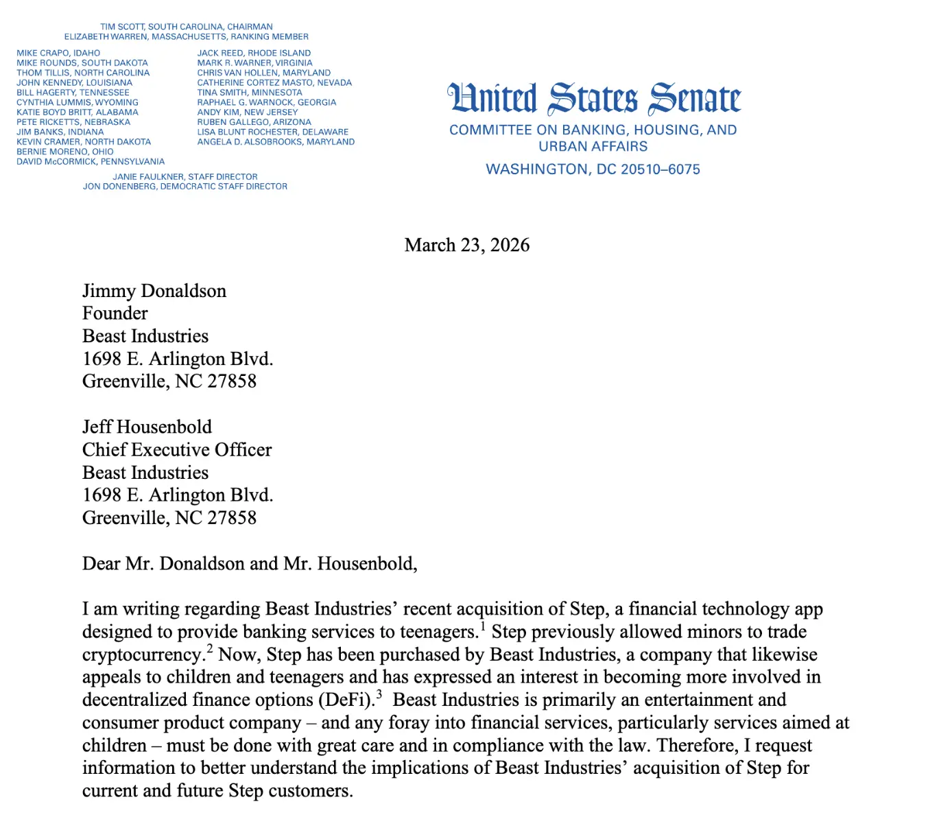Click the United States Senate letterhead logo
(594, 98)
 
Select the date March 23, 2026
(467, 245)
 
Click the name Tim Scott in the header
(123, 27)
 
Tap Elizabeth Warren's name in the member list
(107, 36)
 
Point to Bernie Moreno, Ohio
(65, 152)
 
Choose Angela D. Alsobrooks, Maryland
(276, 142)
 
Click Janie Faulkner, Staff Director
(185, 176)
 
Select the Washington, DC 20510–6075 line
(593, 169)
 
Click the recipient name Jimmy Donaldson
(154, 291)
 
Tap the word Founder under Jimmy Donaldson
(115, 314)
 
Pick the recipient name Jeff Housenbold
(147, 427)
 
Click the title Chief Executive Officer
(177, 450)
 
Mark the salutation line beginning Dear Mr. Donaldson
(250, 564)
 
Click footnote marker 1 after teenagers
(483, 626)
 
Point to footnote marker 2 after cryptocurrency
(210, 648)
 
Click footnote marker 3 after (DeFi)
(379, 694)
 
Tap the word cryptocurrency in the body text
(143, 654)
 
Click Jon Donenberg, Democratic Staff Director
(185, 187)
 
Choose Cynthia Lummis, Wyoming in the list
(78, 102)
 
